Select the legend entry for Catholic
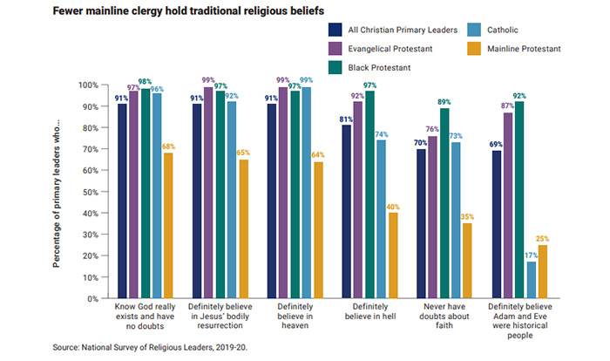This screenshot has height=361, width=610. [514, 29]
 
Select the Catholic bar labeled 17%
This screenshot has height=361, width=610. [532, 279]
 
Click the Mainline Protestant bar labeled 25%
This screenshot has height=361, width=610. [544, 270]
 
